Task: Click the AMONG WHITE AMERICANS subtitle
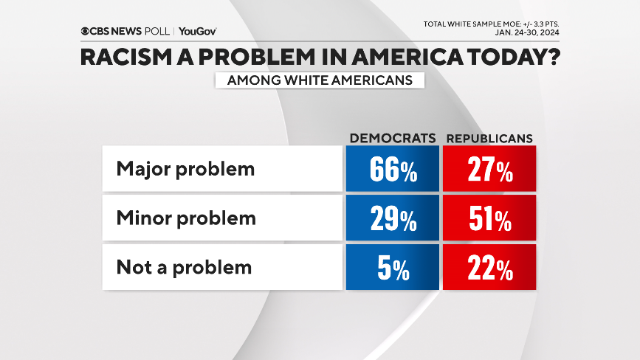tap(320, 80)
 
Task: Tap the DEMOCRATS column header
tap(392, 138)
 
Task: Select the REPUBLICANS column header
tap(490, 138)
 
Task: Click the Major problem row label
tap(185, 168)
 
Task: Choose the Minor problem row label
tap(186, 218)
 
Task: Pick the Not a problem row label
tap(184, 266)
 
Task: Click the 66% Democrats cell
tap(392, 170)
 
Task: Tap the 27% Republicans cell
tap(489, 170)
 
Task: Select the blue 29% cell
tap(392, 218)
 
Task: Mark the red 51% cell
tap(489, 218)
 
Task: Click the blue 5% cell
tap(392, 267)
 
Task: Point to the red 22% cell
tap(489, 267)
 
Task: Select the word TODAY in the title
tap(498, 58)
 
